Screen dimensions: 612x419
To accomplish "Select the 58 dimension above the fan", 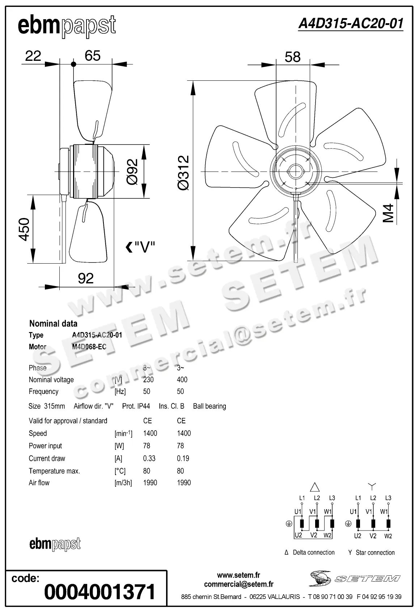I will (292, 57).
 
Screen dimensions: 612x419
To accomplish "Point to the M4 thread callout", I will (388, 213).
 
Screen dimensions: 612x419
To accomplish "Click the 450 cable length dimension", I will (24, 229).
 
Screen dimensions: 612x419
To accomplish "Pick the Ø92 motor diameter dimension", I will (132, 172).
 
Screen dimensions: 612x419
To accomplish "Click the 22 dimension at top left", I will (33, 56).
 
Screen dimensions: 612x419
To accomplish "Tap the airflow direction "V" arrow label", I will (141, 247).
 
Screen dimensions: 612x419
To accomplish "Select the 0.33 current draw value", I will (149, 458).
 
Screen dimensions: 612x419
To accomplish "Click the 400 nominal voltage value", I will (182, 380).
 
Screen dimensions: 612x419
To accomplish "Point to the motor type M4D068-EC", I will (89, 347).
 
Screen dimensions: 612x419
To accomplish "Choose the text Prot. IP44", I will (136, 406).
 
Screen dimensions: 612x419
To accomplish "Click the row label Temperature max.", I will (54, 471).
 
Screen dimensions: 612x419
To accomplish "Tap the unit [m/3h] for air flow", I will (123, 483).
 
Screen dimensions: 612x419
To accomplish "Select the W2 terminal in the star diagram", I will (388, 536).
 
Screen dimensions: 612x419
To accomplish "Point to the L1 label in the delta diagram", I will (302, 498).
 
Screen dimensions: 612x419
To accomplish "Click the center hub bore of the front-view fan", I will (296, 171).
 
